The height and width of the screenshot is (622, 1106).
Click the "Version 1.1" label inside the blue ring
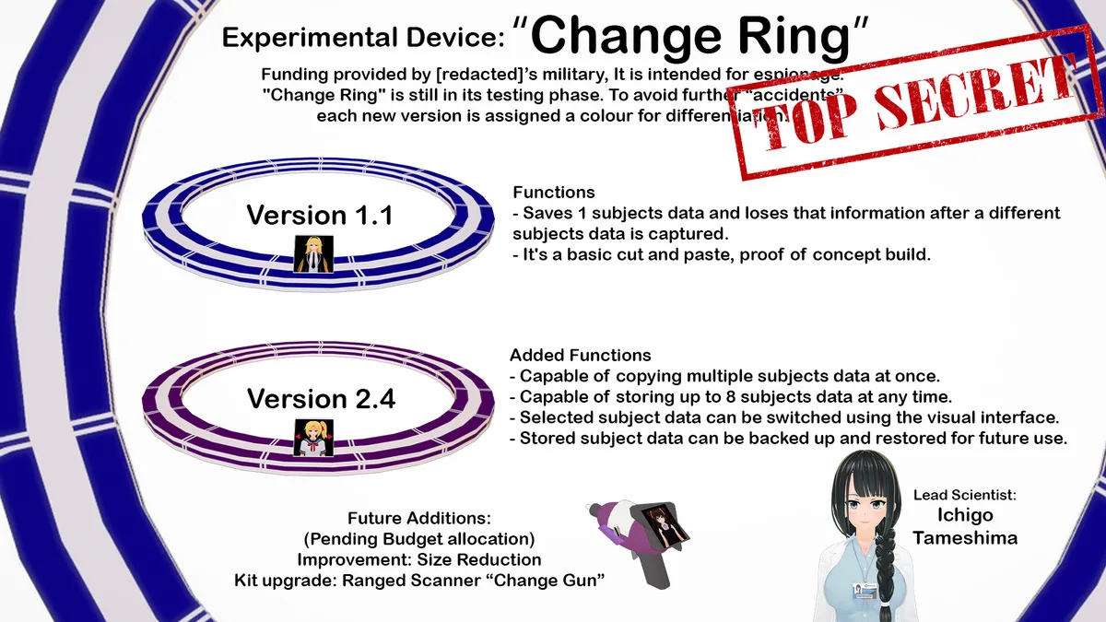click(x=320, y=216)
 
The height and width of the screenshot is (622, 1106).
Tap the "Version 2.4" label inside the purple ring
click(x=320, y=400)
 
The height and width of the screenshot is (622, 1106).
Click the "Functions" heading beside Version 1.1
click(x=553, y=193)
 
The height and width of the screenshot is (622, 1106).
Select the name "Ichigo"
click(x=965, y=516)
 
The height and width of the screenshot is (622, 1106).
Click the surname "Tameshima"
click(x=965, y=538)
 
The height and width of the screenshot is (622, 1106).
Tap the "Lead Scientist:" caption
click(x=965, y=495)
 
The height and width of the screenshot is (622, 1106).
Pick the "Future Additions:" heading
click(x=418, y=519)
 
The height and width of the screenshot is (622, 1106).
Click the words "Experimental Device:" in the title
click(x=363, y=39)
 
